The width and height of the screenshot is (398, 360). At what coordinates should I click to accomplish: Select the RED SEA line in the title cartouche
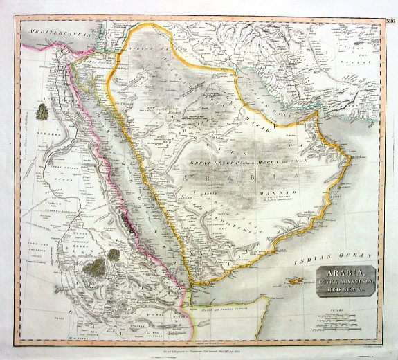pos(345,291)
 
